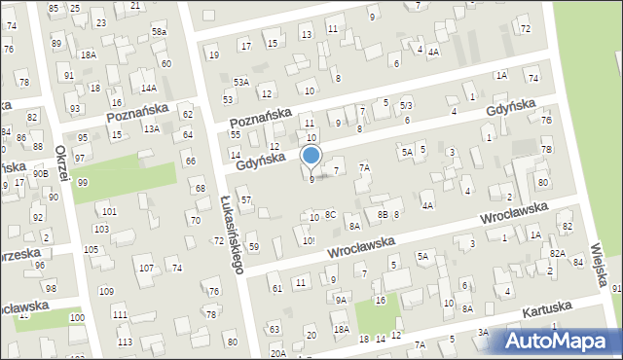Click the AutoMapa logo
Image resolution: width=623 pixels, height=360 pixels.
click(x=562, y=340)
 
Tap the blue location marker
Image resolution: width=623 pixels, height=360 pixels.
click(x=311, y=156)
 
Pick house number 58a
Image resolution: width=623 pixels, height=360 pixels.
click(x=159, y=32)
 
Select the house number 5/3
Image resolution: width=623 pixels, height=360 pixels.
click(x=406, y=104)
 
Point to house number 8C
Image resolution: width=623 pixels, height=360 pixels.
click(x=330, y=214)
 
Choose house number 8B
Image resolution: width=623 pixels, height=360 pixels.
click(x=383, y=213)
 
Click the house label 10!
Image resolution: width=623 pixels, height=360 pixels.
click(x=308, y=240)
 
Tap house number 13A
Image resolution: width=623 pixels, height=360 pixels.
click(x=151, y=128)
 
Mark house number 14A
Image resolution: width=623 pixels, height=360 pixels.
click(x=149, y=88)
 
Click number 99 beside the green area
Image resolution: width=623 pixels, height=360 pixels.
click(x=83, y=183)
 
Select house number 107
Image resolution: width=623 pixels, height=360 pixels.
click(x=146, y=268)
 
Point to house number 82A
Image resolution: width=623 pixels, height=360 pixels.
click(x=557, y=253)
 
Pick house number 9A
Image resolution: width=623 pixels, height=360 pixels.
click(x=341, y=301)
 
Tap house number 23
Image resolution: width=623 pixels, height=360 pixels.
click(x=101, y=22)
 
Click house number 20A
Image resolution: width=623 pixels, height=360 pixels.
click(x=278, y=353)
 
